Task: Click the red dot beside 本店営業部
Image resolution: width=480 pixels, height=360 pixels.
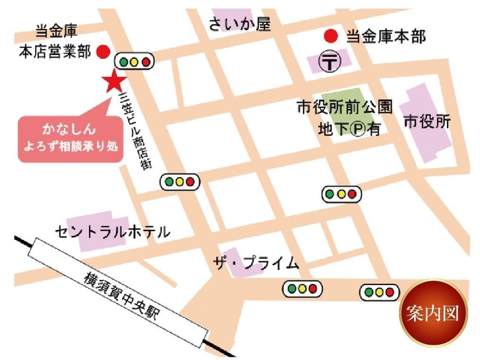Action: click(x=103, y=51)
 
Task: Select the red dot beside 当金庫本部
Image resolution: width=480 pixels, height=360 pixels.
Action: click(x=331, y=36)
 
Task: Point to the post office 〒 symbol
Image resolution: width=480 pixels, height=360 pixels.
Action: click(x=331, y=62)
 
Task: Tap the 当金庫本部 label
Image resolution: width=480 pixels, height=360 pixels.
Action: click(x=385, y=36)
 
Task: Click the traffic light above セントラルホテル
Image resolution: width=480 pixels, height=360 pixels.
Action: click(x=179, y=182)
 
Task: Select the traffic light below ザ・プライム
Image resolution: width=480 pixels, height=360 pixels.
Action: click(x=302, y=289)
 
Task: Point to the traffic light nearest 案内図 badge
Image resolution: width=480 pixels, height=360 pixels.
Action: click(x=379, y=293)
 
